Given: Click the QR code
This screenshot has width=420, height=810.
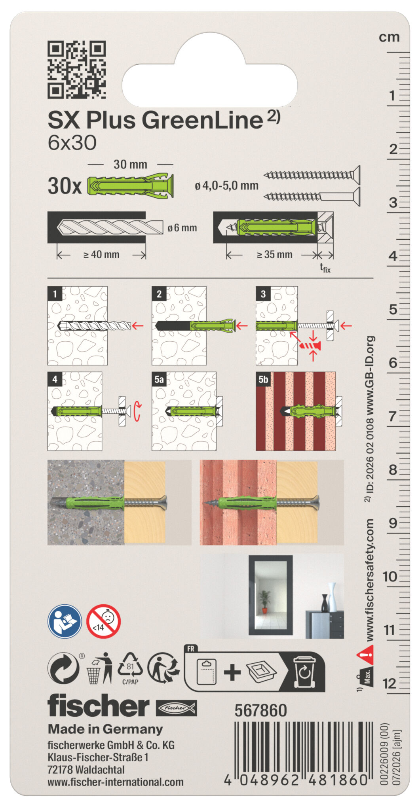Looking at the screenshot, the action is pyautogui.click(x=77, y=70).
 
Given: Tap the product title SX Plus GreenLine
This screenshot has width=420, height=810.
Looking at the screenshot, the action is pyautogui.click(x=155, y=120).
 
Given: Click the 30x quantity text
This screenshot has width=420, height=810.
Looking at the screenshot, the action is pyautogui.click(x=65, y=185).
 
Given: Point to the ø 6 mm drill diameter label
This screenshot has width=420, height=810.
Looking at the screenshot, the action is pyautogui.click(x=182, y=228).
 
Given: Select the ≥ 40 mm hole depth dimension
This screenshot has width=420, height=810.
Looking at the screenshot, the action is pyautogui.click(x=101, y=255).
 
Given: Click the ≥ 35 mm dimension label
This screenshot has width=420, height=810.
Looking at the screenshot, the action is pyautogui.click(x=274, y=255).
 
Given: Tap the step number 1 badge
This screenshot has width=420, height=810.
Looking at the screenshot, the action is pyautogui.click(x=55, y=294).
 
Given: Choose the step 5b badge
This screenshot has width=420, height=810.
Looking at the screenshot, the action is pyautogui.click(x=263, y=379).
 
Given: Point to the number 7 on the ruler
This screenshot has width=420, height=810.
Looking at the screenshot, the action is pyautogui.click(x=392, y=416).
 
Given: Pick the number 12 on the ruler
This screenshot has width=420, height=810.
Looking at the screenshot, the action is pyautogui.click(x=390, y=683).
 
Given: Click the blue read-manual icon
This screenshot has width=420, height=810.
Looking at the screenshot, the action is pyautogui.click(x=65, y=621).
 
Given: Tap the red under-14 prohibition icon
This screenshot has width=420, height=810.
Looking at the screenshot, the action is pyautogui.click(x=103, y=621).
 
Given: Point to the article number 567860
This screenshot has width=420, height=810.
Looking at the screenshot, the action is pyautogui.click(x=260, y=711).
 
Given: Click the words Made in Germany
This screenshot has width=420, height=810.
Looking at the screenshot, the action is pyautogui.click(x=105, y=729).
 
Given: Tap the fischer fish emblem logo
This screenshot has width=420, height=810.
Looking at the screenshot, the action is pyautogui.click(x=176, y=708).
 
